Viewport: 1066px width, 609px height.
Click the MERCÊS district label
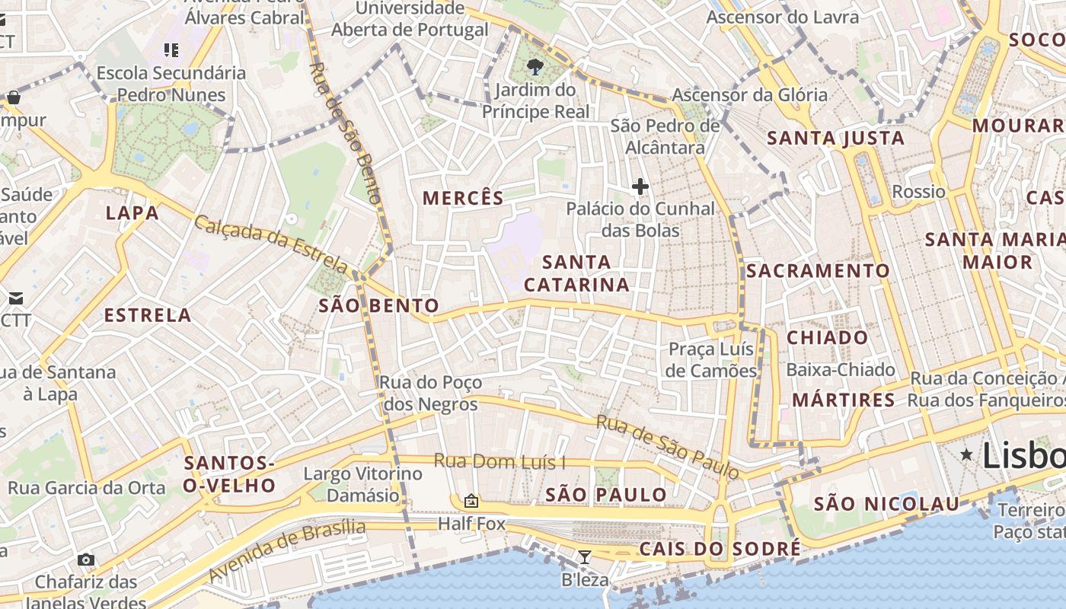[x=463, y=198]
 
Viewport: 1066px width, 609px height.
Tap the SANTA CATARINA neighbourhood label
[x=577, y=273]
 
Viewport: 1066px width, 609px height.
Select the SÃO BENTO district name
[x=378, y=306]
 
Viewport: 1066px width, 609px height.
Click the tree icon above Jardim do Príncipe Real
[x=535, y=66]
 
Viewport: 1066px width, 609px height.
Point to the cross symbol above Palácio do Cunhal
[x=640, y=186]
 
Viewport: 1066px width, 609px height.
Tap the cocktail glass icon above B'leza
[x=584, y=557]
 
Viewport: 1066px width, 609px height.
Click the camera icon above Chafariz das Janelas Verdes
[x=86, y=560]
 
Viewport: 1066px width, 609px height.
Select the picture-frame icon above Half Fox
[x=471, y=501]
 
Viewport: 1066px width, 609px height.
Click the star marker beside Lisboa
[x=966, y=454]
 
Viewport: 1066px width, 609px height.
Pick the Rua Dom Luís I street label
[x=499, y=461]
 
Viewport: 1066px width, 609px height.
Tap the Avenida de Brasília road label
[x=287, y=550]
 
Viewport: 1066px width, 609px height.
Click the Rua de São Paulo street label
[x=667, y=447]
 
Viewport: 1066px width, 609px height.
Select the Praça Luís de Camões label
[x=711, y=360]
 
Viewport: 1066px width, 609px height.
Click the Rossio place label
[x=918, y=191]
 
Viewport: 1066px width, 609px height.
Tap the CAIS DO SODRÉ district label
[x=720, y=548]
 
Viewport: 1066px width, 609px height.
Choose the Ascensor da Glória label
[x=749, y=95]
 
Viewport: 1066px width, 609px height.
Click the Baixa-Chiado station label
[x=841, y=370]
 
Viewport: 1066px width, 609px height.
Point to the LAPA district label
[x=132, y=212]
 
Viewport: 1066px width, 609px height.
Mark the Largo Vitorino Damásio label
[x=362, y=484]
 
